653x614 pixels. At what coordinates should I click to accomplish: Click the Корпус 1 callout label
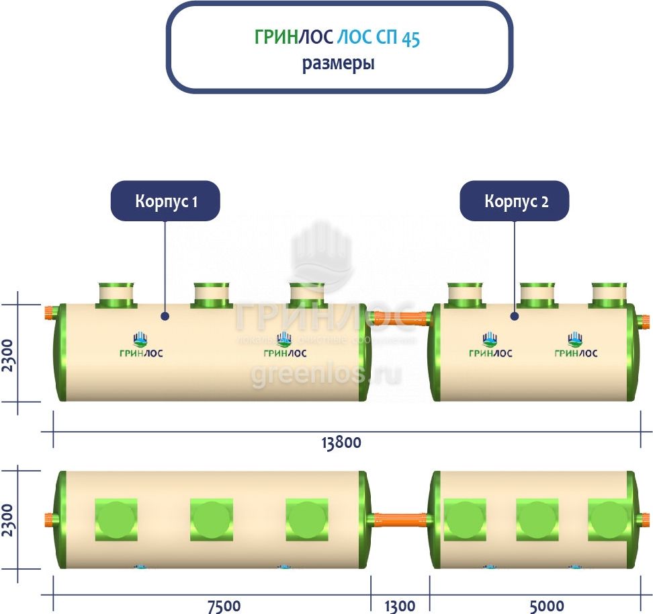[x=165, y=201]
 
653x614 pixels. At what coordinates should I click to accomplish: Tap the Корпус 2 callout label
[x=515, y=201]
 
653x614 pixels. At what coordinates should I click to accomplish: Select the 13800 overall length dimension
[x=341, y=443]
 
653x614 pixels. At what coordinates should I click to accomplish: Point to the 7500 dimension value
[x=224, y=605]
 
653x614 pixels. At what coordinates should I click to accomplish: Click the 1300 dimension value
[x=400, y=605]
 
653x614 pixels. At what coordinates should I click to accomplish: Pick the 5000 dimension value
[x=547, y=605]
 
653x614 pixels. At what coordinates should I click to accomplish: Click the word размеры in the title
[x=338, y=64]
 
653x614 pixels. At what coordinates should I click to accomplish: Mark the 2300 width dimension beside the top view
[x=9, y=519]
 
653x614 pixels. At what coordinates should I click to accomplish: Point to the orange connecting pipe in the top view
[x=400, y=519]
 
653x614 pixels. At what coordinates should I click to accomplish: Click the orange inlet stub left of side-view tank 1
[x=49, y=313]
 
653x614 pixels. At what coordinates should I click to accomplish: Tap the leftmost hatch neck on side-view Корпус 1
[x=117, y=295]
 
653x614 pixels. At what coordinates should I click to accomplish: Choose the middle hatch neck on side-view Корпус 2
[x=537, y=295]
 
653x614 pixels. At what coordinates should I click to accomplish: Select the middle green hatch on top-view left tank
[x=212, y=519]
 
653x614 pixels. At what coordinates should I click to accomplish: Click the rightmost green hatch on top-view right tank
[x=609, y=519]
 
